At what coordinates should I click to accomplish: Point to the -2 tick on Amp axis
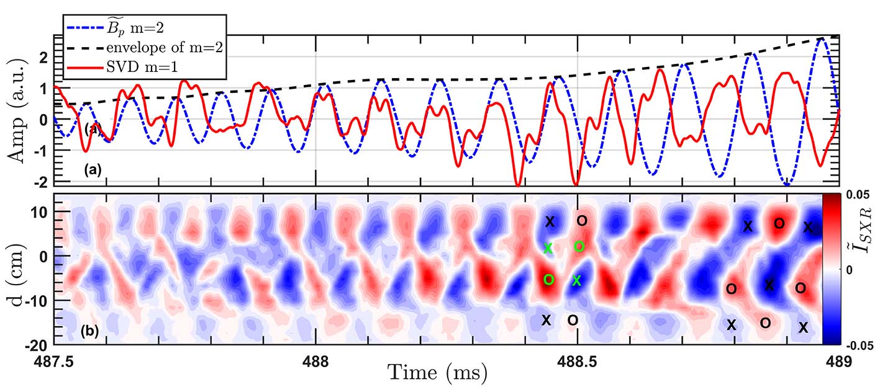42,181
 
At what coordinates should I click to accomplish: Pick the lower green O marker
548,280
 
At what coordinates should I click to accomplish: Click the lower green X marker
576,281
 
